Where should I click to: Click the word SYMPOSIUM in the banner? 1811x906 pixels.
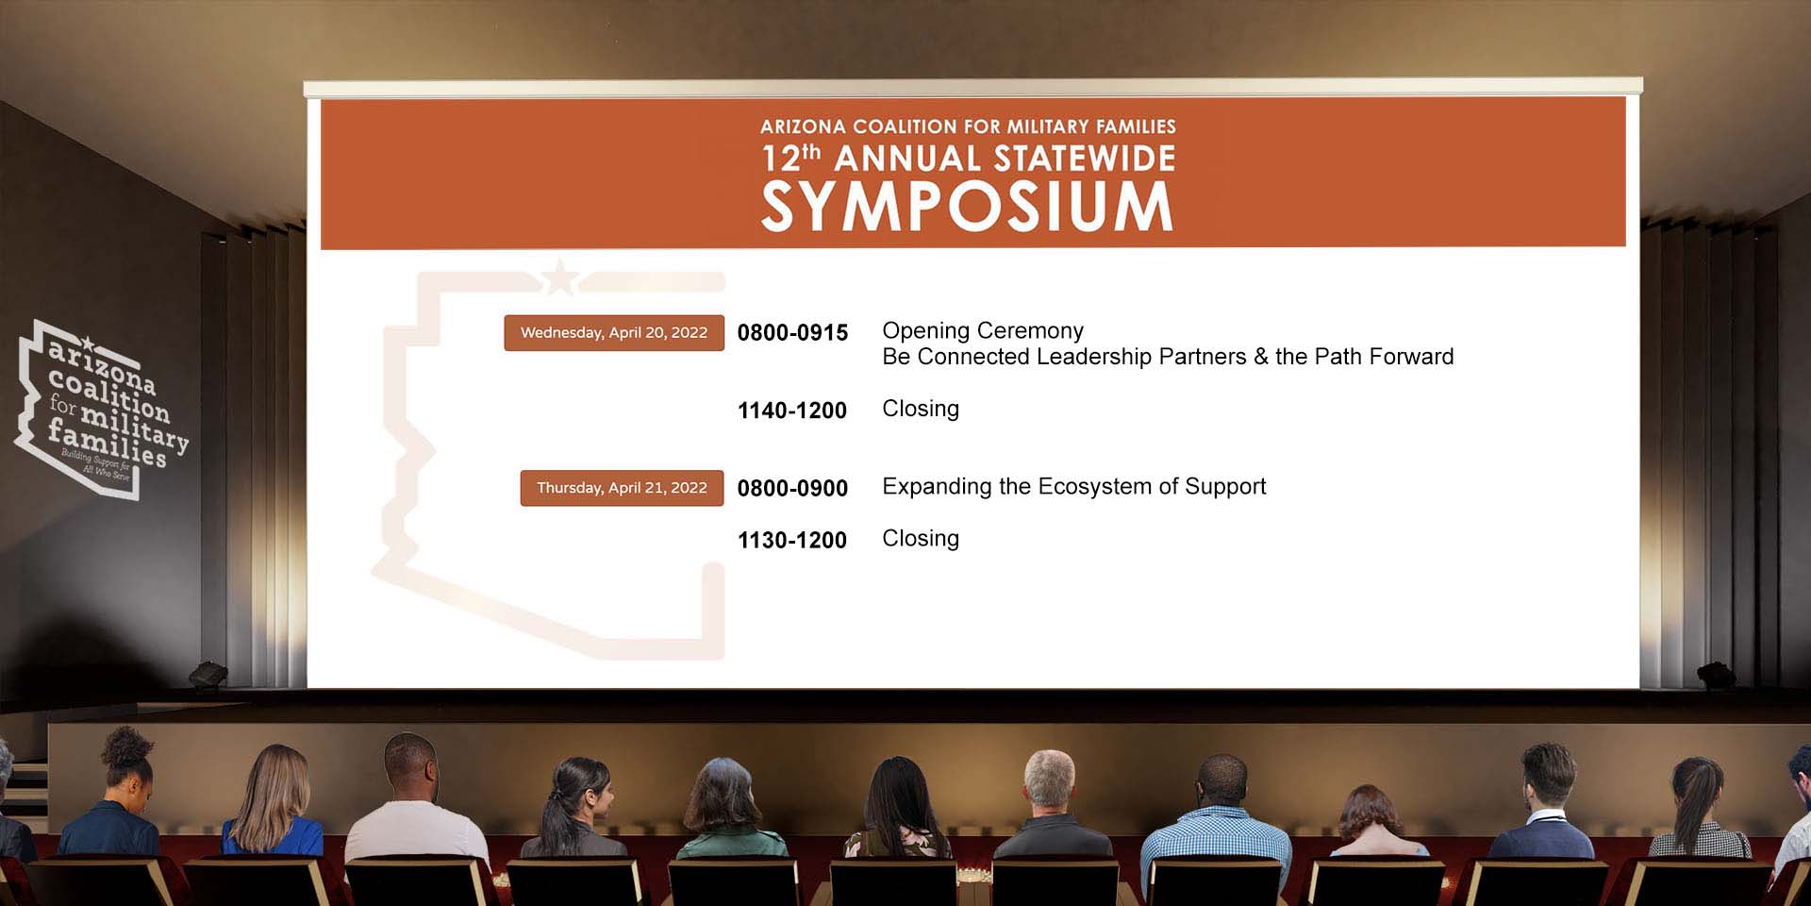[967, 207]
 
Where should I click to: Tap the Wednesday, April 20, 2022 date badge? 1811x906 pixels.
[614, 333]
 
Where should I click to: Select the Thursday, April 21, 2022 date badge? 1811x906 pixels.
[623, 488]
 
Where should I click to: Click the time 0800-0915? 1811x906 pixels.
[792, 333]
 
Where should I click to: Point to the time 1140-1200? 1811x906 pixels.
[792, 411]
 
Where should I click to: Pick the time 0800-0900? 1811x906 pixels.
[792, 488]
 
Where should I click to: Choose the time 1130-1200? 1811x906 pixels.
[792, 541]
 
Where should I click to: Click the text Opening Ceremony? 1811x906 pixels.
[983, 331]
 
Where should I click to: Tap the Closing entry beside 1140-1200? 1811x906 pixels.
[921, 409]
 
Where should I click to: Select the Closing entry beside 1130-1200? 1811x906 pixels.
[921, 539]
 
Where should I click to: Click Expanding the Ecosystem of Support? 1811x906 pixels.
[1074, 487]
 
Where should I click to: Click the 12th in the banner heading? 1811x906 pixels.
[791, 159]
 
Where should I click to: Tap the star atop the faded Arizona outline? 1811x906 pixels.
[560, 277]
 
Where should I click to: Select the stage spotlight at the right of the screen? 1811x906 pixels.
[1716, 675]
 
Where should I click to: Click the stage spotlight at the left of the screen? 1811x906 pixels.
[208, 675]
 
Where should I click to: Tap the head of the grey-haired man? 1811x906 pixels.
[1049, 780]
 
